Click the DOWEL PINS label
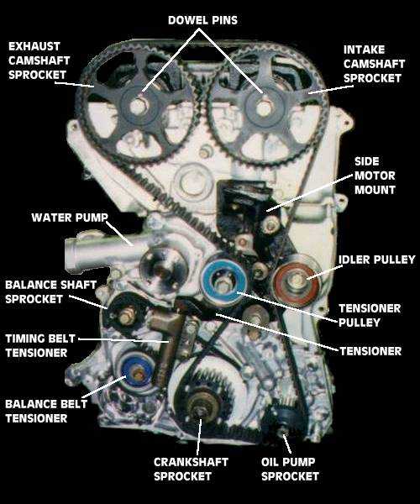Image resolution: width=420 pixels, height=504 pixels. tap(202, 18)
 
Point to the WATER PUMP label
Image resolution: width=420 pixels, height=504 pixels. tap(70, 218)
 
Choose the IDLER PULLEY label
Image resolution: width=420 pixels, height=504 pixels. tap(376, 260)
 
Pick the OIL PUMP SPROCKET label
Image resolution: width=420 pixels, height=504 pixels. tap(290, 469)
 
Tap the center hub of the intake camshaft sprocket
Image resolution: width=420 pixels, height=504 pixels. tap(264, 107)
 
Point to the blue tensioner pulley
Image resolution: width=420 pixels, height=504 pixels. tap(224, 281)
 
